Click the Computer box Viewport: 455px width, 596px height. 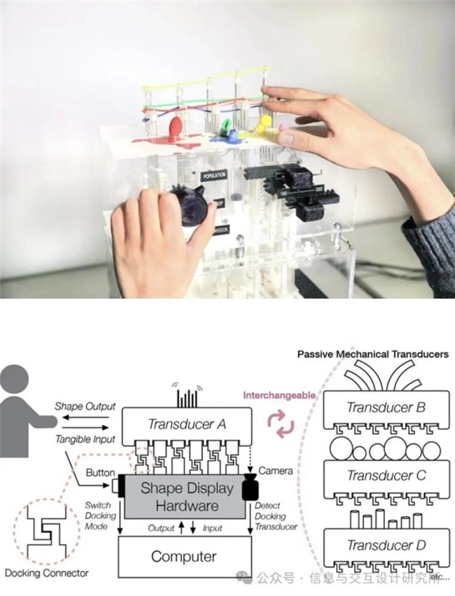[185, 556]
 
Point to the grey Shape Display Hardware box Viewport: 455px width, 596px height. [184, 497]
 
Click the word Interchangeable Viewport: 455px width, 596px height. [279, 395]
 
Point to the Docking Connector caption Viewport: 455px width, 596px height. [47, 573]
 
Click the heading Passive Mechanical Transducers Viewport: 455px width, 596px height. [372, 355]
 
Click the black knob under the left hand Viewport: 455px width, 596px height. [188, 204]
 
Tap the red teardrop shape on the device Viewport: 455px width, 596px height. [175, 130]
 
